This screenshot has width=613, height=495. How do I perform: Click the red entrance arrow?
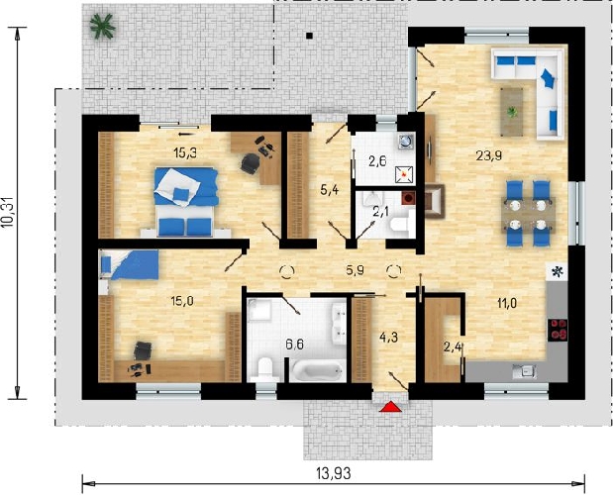click(x=390, y=407)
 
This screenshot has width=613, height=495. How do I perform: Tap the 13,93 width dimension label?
click(x=333, y=473)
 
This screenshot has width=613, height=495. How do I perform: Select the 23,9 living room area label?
click(x=488, y=155)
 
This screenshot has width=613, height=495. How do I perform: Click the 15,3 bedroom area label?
click(x=185, y=152)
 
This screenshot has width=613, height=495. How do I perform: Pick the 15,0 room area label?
click(x=182, y=301)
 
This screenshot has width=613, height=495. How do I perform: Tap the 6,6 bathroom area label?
click(x=294, y=345)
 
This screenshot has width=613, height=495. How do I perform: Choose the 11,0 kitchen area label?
click(x=507, y=303)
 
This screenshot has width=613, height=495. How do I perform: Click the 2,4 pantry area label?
click(x=453, y=346)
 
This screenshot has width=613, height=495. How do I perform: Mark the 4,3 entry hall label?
click(x=389, y=337)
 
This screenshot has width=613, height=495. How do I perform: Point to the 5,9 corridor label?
click(x=355, y=270)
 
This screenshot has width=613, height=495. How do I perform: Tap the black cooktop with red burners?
click(x=558, y=330)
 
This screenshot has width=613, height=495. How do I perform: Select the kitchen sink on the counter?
click(x=524, y=371)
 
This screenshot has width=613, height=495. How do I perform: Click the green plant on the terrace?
click(x=102, y=27)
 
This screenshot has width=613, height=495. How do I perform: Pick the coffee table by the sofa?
click(x=512, y=112)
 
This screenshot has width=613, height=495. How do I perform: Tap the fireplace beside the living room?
click(x=435, y=201)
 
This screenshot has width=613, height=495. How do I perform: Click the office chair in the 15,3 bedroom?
click(x=251, y=163)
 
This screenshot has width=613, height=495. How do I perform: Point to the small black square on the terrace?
click(x=309, y=36)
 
